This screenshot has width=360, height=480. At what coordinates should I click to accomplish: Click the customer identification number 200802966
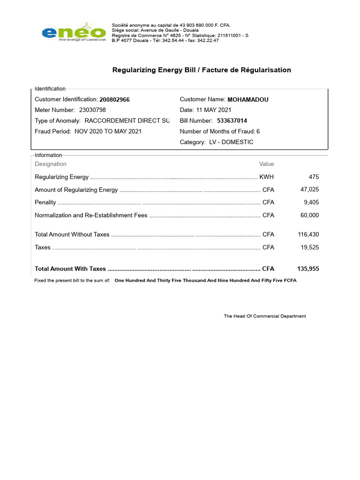[114, 100]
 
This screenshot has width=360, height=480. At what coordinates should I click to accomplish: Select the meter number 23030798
[92, 110]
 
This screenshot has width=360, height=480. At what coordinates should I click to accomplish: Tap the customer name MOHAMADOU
[248, 100]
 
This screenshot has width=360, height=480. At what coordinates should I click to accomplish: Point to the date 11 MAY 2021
[215, 110]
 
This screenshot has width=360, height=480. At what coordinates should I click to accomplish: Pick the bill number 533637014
[232, 121]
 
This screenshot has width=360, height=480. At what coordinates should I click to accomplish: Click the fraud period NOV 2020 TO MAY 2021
[108, 132]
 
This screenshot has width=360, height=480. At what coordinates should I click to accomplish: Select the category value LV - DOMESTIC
[231, 142]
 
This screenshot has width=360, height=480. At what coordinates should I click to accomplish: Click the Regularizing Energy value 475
[314, 177]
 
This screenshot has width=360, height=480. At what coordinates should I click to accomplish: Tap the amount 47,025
[309, 190]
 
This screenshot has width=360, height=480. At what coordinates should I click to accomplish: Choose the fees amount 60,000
[309, 215]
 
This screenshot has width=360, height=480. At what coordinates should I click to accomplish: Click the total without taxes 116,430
[308, 234]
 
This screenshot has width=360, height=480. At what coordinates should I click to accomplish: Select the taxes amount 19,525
[309, 247]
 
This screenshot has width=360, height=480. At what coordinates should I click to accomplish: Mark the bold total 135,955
[308, 269]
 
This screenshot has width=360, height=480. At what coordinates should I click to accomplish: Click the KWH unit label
[266, 177]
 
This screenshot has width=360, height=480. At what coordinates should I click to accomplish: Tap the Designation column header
[51, 164]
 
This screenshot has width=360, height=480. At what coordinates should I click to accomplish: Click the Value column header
[266, 164]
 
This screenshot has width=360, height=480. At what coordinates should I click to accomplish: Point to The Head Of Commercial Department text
[265, 316]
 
